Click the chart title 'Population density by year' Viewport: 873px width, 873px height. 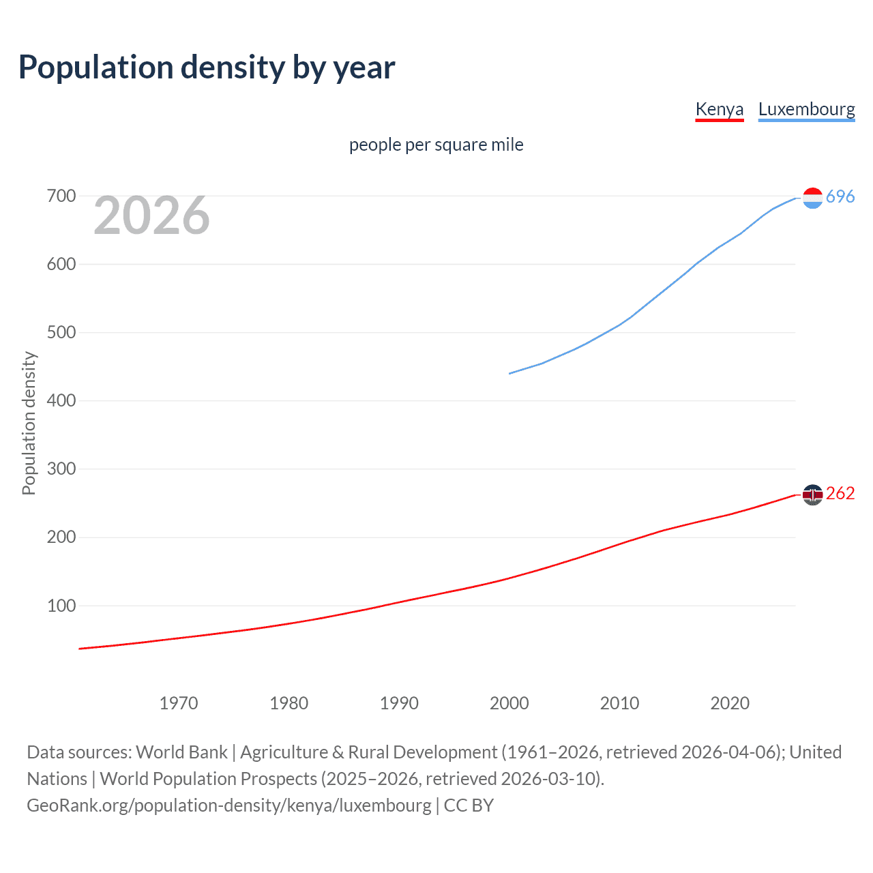[207, 68]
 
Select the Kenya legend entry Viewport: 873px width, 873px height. [719, 109]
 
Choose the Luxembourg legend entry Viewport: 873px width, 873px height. [806, 109]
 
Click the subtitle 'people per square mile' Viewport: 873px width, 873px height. [436, 145]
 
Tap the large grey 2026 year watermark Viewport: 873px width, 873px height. [151, 216]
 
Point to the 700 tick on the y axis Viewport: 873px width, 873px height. [61, 196]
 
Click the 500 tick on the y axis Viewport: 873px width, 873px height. [61, 333]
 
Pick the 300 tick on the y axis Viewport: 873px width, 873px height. [61, 469]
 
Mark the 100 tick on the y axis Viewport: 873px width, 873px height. [61, 606]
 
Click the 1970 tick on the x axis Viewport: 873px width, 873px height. [179, 703]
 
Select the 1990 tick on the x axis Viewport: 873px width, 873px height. [399, 703]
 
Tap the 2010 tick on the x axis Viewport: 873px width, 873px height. [619, 703]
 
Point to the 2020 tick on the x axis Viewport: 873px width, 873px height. [730, 703]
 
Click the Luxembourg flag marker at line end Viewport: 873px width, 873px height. [812, 198]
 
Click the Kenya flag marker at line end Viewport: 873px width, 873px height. [812, 494]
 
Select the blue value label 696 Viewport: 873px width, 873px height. [840, 197]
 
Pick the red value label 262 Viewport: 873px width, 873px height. [840, 494]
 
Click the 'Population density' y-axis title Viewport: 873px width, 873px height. [29, 423]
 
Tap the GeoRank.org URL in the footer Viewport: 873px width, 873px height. [228, 805]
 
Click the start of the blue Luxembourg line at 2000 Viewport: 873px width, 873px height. [510, 373]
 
